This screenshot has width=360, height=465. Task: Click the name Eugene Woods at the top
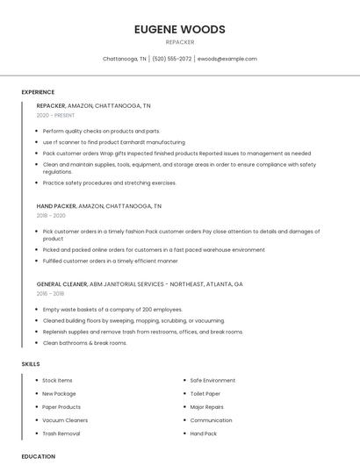pyautogui.click(x=179, y=29)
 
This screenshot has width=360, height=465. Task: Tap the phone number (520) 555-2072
pyautogui.click(x=171, y=59)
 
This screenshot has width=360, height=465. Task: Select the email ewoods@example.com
pyautogui.click(x=227, y=59)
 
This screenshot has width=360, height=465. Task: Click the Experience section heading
pyautogui.click(x=38, y=92)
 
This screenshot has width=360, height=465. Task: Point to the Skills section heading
pyautogui.click(x=31, y=363)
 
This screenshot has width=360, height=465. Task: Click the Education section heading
pyautogui.click(x=39, y=456)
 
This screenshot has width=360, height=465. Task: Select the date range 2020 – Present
pyautogui.click(x=56, y=115)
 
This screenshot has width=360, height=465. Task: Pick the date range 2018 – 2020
pyautogui.click(x=51, y=215)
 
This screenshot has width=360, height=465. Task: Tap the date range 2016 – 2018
pyautogui.click(x=51, y=294)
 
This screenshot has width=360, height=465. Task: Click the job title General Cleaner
pyautogui.click(x=61, y=284)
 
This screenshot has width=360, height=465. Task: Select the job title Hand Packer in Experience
pyautogui.click(x=56, y=205)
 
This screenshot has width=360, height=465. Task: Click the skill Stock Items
pyautogui.click(x=57, y=380)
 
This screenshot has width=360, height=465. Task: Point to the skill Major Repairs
pyautogui.click(x=207, y=407)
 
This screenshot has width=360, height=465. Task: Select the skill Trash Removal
pyautogui.click(x=61, y=433)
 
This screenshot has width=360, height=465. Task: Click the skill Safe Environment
pyautogui.click(x=212, y=380)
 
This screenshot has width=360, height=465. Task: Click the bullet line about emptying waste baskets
pyautogui.click(x=112, y=309)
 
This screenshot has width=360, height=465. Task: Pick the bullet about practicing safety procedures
pyautogui.click(x=109, y=182)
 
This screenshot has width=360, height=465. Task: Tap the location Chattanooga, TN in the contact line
pyautogui.click(x=125, y=59)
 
